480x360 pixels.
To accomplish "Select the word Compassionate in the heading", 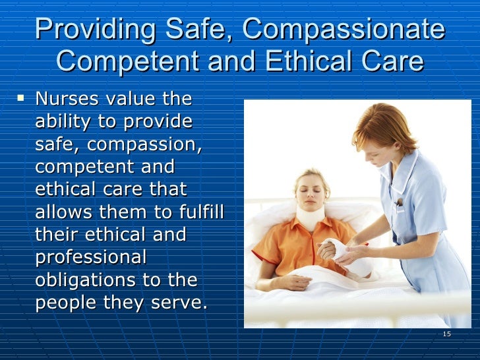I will tap(344, 30).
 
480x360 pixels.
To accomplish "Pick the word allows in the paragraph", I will tap(65, 212).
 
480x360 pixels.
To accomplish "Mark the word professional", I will tap(90, 258).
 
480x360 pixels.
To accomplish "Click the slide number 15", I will tap(446, 334).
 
